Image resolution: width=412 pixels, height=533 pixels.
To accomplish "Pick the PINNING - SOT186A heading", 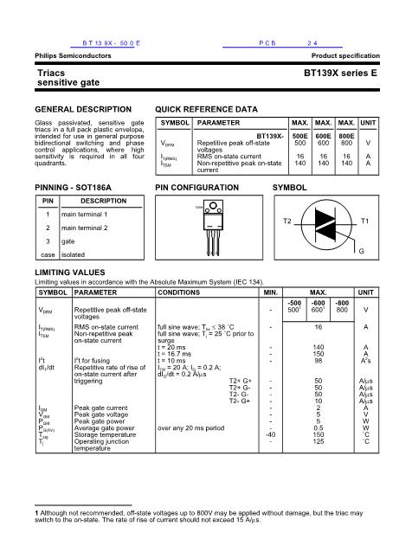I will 73,187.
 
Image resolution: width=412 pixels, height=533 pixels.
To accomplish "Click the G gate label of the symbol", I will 361,251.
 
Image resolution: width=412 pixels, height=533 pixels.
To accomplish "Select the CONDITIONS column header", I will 182,292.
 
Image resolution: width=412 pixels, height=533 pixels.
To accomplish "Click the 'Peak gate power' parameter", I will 100,421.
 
